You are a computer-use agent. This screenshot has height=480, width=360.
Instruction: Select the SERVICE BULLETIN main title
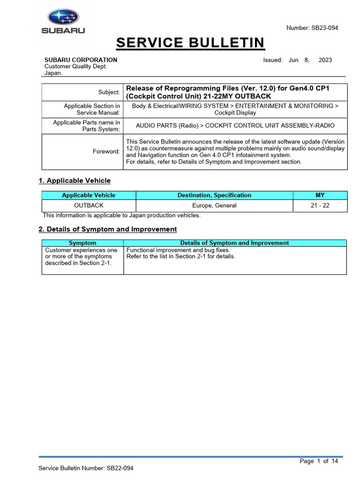190,43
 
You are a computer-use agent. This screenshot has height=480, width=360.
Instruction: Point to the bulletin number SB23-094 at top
323,28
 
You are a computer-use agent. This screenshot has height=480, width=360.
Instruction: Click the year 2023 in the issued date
325,60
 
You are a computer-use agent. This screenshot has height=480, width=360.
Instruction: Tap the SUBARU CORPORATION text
81,60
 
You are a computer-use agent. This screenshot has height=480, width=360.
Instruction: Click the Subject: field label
109,92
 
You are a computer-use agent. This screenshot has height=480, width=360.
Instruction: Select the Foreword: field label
107,151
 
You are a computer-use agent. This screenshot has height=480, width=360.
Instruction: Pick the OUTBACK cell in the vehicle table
89,205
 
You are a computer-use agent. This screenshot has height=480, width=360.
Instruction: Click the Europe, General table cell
214,205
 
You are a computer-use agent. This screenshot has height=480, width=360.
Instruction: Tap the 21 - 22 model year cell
320,205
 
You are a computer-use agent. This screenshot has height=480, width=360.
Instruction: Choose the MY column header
320,195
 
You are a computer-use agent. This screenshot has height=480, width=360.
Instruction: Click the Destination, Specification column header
214,195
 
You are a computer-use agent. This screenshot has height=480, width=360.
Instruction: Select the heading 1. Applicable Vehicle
74,180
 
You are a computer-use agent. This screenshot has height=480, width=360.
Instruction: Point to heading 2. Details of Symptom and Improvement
107,229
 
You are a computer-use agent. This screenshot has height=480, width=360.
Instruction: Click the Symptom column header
82,243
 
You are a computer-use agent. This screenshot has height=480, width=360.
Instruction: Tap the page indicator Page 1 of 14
319,461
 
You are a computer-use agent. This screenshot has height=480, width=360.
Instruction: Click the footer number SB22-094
123,468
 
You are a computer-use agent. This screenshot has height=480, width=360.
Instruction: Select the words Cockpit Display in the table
235,113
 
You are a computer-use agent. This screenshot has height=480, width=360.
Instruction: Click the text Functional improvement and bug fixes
179,250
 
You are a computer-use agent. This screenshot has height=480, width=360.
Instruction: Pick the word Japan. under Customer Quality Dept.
53,73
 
